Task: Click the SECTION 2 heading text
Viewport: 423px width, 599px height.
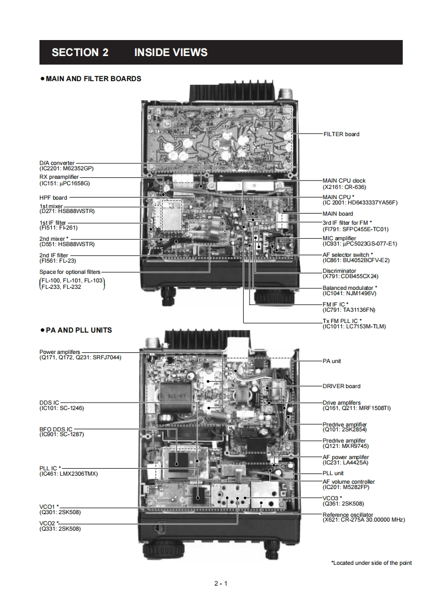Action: [x=80, y=52]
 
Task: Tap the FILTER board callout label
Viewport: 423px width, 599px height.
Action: [x=341, y=134]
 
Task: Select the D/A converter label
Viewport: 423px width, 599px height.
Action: [x=57, y=163]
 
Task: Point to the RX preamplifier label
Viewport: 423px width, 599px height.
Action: [x=59, y=177]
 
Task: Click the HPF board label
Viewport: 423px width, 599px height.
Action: [x=53, y=198]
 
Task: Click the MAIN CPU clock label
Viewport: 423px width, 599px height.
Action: [x=344, y=181]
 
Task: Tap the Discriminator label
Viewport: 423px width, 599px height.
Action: [x=339, y=271]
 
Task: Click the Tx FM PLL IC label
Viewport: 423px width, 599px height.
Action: [x=342, y=321]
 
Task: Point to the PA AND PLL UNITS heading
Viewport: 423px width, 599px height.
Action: [x=78, y=330]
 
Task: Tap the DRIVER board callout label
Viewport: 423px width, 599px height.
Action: [x=341, y=386]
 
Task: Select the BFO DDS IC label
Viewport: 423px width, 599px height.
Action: [x=55, y=429]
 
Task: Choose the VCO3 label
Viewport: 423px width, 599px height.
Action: [x=331, y=498]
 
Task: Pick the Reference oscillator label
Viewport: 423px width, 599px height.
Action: [x=348, y=515]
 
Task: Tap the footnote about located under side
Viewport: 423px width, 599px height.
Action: [x=371, y=563]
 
